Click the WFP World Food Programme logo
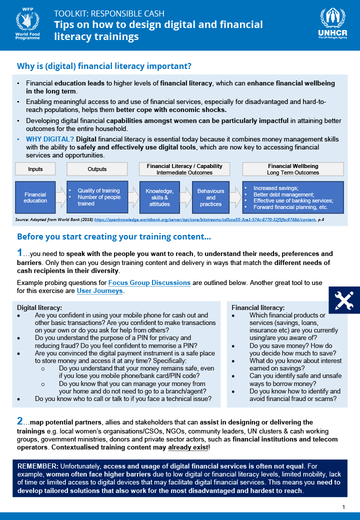(28, 25)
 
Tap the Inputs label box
(35, 169)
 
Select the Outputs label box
(97, 169)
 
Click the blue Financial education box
(35, 197)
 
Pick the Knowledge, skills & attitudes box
(159, 197)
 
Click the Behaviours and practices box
(210, 197)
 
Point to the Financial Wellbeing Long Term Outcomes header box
(293, 169)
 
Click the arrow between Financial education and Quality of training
(60, 197)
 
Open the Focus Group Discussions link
(149, 282)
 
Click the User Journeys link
(99, 290)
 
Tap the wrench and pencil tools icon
(342, 299)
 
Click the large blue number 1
(19, 253)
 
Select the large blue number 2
(19, 421)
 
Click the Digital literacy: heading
(39, 307)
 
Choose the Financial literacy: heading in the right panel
(258, 307)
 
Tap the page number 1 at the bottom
(343, 507)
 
